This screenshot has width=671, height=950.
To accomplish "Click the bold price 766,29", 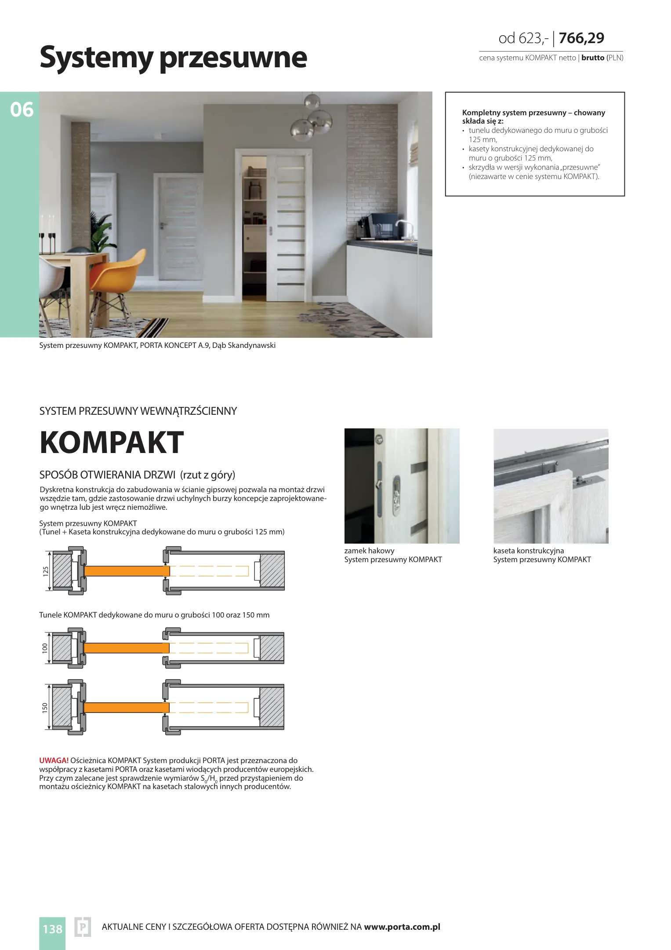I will (x=581, y=38).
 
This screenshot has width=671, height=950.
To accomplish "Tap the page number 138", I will (x=52, y=928).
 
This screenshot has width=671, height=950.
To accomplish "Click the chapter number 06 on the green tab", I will (x=22, y=110).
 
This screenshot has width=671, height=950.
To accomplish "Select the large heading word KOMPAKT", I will (x=112, y=442).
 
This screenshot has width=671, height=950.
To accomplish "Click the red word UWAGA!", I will (x=54, y=760).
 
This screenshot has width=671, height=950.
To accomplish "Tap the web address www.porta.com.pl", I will (x=402, y=927).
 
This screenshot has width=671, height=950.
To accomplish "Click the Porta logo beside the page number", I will (x=83, y=927).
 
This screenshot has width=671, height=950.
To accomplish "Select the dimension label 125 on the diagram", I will (x=46, y=571).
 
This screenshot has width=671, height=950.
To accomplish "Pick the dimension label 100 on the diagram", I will (x=45, y=648).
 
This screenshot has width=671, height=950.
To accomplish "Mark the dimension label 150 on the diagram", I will (x=45, y=708).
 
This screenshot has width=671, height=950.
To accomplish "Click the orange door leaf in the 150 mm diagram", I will (x=127, y=707).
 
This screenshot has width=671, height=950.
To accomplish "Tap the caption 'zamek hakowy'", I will (x=369, y=551).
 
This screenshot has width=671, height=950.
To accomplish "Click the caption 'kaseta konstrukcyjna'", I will (x=528, y=551).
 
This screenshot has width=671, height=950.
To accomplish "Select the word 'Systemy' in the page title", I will (x=96, y=58).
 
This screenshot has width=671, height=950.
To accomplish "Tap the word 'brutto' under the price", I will (x=592, y=58).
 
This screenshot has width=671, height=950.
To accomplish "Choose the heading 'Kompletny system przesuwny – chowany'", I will (x=533, y=113).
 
